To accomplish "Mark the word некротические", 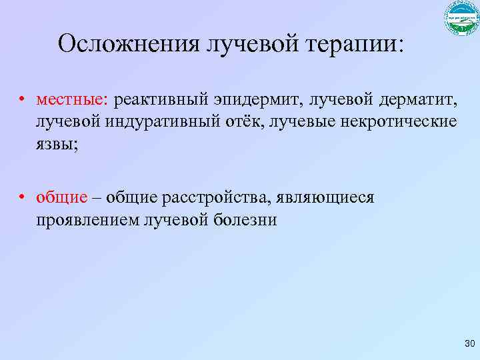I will pyautogui.click(x=399, y=123).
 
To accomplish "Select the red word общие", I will pyautogui.click(x=62, y=197).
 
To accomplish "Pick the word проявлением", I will pyautogui.click(x=88, y=219).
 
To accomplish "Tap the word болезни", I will pyautogui.click(x=243, y=219).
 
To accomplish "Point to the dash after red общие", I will pyautogui.click(x=97, y=197).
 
